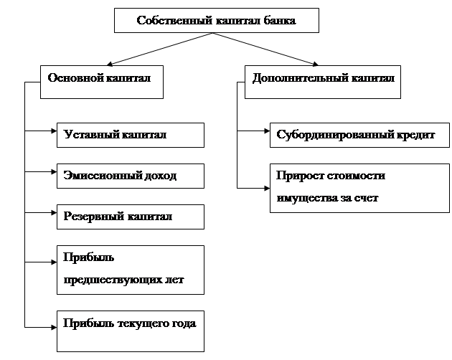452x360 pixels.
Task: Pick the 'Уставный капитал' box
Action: point(131,135)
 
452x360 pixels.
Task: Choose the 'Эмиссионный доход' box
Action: point(131,176)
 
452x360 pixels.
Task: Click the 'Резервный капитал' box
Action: point(131,216)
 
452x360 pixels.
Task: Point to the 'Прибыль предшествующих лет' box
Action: point(131,269)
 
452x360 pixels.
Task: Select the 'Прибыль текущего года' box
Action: point(131,329)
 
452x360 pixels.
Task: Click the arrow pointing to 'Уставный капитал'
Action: point(42,132)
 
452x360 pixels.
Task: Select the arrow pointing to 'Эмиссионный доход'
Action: point(42,173)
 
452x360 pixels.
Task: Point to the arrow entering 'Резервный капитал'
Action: point(42,213)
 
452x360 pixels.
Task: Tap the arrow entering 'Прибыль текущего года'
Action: point(42,326)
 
